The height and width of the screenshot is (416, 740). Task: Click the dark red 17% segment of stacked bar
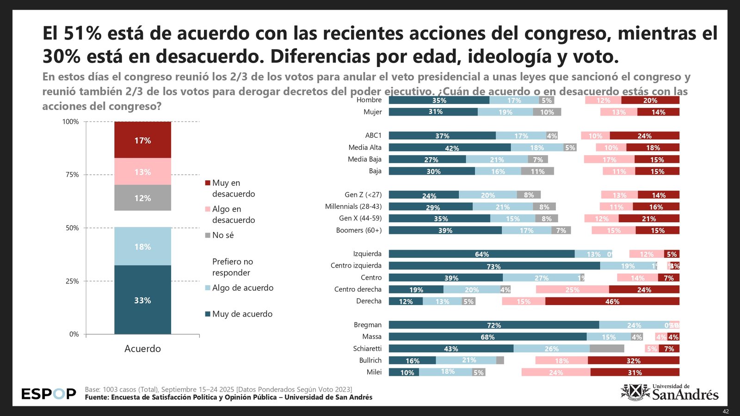(142, 140)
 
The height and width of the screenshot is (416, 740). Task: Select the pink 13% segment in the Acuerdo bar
(142, 171)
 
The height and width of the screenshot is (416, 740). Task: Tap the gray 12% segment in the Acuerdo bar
(142, 198)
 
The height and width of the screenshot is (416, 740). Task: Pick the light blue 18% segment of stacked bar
(142, 246)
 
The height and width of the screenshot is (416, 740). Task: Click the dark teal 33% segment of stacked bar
(142, 300)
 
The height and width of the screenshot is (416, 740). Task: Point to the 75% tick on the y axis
(72, 175)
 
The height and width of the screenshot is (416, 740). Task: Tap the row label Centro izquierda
(356, 265)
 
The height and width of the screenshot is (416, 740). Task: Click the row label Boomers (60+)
(358, 230)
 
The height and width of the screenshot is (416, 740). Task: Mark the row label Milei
(374, 372)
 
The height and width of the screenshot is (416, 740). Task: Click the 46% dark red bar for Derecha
(612, 301)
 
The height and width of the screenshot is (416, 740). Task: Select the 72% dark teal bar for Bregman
(493, 325)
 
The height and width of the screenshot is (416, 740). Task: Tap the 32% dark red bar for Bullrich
(633, 361)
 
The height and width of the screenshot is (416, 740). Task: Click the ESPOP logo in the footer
(49, 394)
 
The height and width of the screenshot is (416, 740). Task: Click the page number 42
(726, 411)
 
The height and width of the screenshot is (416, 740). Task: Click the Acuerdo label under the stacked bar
(142, 349)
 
